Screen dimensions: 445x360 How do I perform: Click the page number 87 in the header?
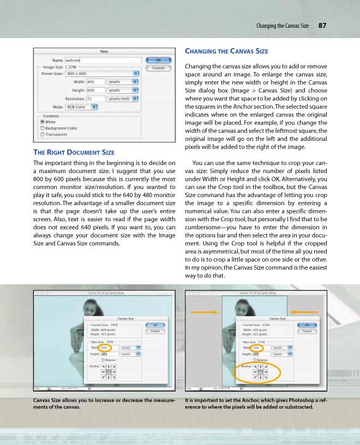point(323,26)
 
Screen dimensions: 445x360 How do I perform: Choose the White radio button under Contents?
point(42,122)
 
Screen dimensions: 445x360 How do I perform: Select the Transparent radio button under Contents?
point(42,134)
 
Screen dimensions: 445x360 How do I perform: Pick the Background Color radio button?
point(42,128)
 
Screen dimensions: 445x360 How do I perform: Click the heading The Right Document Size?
point(74,152)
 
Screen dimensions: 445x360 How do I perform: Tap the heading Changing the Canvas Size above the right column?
point(226,51)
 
